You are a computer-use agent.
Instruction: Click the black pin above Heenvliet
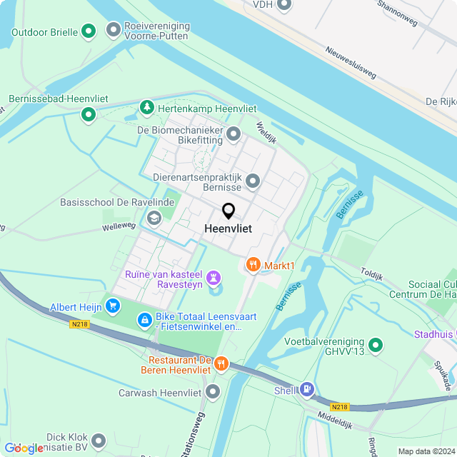click(228, 211)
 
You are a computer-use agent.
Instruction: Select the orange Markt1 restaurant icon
click(253, 266)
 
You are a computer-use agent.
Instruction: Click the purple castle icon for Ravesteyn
click(213, 276)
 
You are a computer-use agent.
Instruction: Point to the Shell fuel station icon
click(307, 389)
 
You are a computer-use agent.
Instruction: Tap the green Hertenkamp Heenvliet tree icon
click(147, 106)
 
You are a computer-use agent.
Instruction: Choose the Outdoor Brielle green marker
click(89, 31)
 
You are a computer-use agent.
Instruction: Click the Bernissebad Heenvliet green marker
click(89, 114)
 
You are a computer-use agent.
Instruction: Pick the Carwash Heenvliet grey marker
click(212, 391)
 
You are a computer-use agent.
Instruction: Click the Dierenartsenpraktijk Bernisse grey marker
click(253, 182)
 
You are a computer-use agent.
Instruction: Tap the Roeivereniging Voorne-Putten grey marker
click(113, 29)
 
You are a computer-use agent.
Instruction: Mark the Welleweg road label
click(119, 226)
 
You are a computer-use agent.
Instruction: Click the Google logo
click(24, 448)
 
